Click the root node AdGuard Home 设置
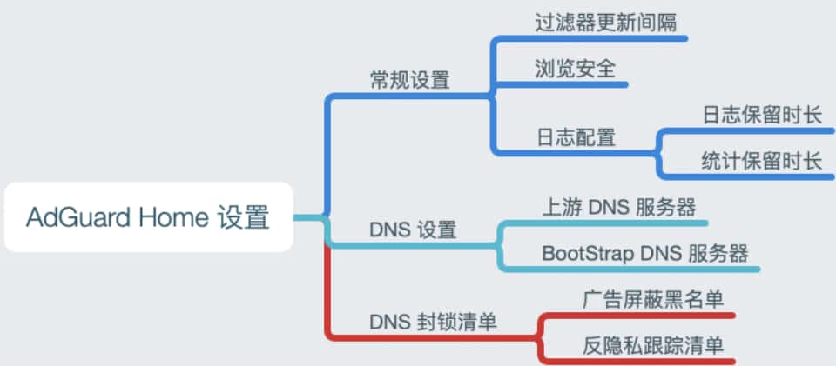[x=147, y=216]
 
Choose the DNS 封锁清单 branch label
[x=433, y=322]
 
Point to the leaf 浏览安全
[x=576, y=70]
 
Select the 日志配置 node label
[x=576, y=136]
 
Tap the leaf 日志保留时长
[x=762, y=114]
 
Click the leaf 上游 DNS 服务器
[x=618, y=207]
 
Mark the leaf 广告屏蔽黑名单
[x=653, y=300]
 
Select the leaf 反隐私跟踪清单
[x=653, y=345]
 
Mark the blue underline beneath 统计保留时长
[x=758, y=176]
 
